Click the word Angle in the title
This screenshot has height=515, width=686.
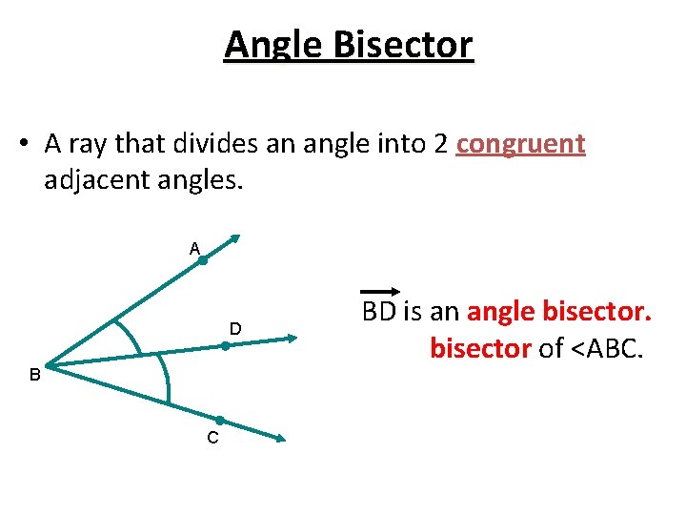(272, 45)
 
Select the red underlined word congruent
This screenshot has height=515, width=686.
(520, 144)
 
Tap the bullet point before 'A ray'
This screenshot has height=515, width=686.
(26, 145)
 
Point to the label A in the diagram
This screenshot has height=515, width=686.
(194, 249)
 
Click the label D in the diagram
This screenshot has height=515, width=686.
(234, 329)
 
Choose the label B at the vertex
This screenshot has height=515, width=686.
(34, 376)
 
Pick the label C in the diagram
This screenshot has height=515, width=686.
(212, 438)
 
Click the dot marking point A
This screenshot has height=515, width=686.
(203, 259)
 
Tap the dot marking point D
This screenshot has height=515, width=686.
(226, 346)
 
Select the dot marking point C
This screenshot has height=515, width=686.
(219, 421)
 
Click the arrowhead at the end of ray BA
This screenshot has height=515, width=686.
(236, 239)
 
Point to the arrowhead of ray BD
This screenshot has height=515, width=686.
(293, 336)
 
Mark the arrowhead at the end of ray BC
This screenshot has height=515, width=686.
(281, 439)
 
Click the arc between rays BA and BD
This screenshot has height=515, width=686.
(131, 333)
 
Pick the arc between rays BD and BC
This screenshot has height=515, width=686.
(167, 381)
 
